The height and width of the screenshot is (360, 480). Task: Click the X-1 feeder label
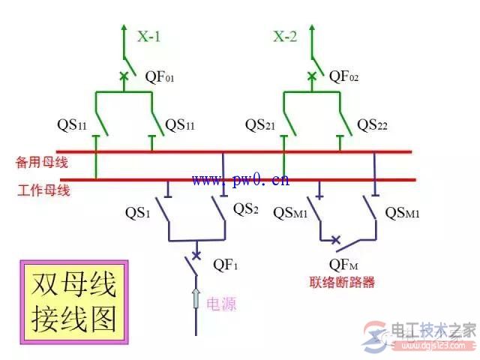tap(148, 37)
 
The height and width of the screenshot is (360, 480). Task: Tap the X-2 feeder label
tap(285, 37)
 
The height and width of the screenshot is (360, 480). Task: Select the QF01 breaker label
tap(160, 76)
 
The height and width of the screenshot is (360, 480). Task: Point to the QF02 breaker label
tap(343, 76)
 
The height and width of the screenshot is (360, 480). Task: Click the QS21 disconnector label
tap(260, 125)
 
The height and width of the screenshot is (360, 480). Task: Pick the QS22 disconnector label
tap(372, 125)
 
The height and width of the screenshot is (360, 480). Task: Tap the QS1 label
tap(138, 212)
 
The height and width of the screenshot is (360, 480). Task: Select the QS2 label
tap(246, 208)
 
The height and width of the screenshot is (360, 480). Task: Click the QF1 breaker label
tap(225, 265)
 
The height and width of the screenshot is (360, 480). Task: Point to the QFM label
tap(343, 265)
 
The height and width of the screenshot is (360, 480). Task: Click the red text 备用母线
tap(42, 162)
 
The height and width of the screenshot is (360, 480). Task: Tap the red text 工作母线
tap(43, 190)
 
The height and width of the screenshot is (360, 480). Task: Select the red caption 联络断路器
tap(342, 282)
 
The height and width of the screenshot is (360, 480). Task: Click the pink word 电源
tap(221, 304)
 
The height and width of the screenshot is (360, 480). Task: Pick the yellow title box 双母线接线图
tap(74, 302)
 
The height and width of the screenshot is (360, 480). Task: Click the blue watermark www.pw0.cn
tap(241, 180)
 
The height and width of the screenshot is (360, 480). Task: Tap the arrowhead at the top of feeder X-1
tap(124, 27)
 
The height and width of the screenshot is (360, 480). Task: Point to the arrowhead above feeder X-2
tap(312, 27)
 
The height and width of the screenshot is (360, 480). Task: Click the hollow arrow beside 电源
tap(196, 298)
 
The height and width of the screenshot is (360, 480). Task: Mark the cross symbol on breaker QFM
tap(336, 239)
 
